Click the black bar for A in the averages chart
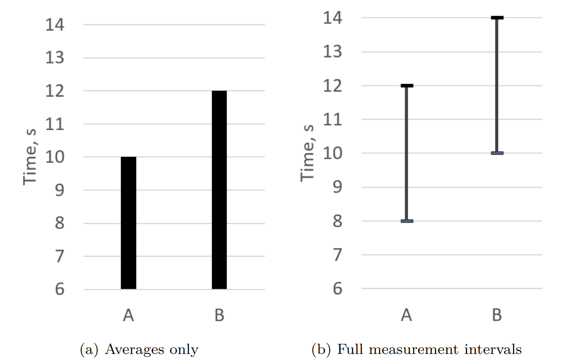pos(128,223)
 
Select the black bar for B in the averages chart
pos(219,190)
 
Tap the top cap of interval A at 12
pos(407,86)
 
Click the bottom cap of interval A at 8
pos(407,221)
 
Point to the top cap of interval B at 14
pos(497,17)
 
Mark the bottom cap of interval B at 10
pos(497,153)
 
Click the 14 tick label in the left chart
pos(55,25)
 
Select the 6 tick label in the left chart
pos(59,289)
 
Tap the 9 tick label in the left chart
pos(59,190)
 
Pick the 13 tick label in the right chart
pos(333,52)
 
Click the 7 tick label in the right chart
pos(338,255)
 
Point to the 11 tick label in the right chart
pos(333,119)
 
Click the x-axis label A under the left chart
pos(128,315)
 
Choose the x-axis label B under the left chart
pos(219,315)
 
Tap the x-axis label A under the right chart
pos(406,315)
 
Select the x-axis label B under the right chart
pos(497,315)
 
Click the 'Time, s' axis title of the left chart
pos(30,157)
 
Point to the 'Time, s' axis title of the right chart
pos(308,153)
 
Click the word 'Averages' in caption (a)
pos(135,350)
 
